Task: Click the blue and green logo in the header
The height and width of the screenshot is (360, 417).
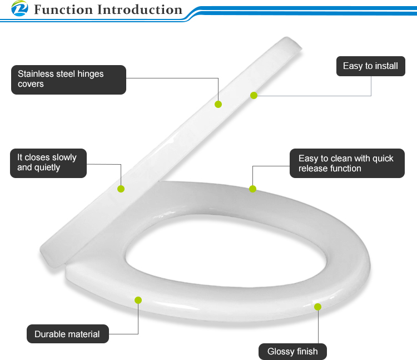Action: (19, 8)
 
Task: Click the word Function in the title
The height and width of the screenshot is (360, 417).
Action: (63, 9)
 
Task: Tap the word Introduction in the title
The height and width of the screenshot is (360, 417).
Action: (140, 9)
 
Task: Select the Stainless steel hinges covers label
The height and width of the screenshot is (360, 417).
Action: (68, 80)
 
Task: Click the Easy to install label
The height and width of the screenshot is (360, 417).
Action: (371, 66)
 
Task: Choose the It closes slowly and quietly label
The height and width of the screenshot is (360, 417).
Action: (48, 163)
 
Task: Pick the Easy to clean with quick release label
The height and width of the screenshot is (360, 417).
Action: (347, 163)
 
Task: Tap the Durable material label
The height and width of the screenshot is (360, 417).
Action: (68, 334)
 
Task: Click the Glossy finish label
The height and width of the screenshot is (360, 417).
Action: (292, 352)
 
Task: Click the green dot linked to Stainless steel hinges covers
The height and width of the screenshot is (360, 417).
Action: (218, 104)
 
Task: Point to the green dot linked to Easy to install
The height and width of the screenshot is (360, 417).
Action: (254, 95)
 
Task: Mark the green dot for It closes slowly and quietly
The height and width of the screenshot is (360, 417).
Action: (121, 189)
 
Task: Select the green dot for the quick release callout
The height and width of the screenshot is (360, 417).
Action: (252, 189)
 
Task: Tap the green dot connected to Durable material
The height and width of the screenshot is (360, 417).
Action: (138, 300)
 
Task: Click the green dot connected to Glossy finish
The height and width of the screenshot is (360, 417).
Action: (318, 307)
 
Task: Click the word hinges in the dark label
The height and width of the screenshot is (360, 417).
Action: (90, 74)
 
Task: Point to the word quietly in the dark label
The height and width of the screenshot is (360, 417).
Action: (47, 167)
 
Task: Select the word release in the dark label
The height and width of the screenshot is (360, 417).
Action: (312, 169)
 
